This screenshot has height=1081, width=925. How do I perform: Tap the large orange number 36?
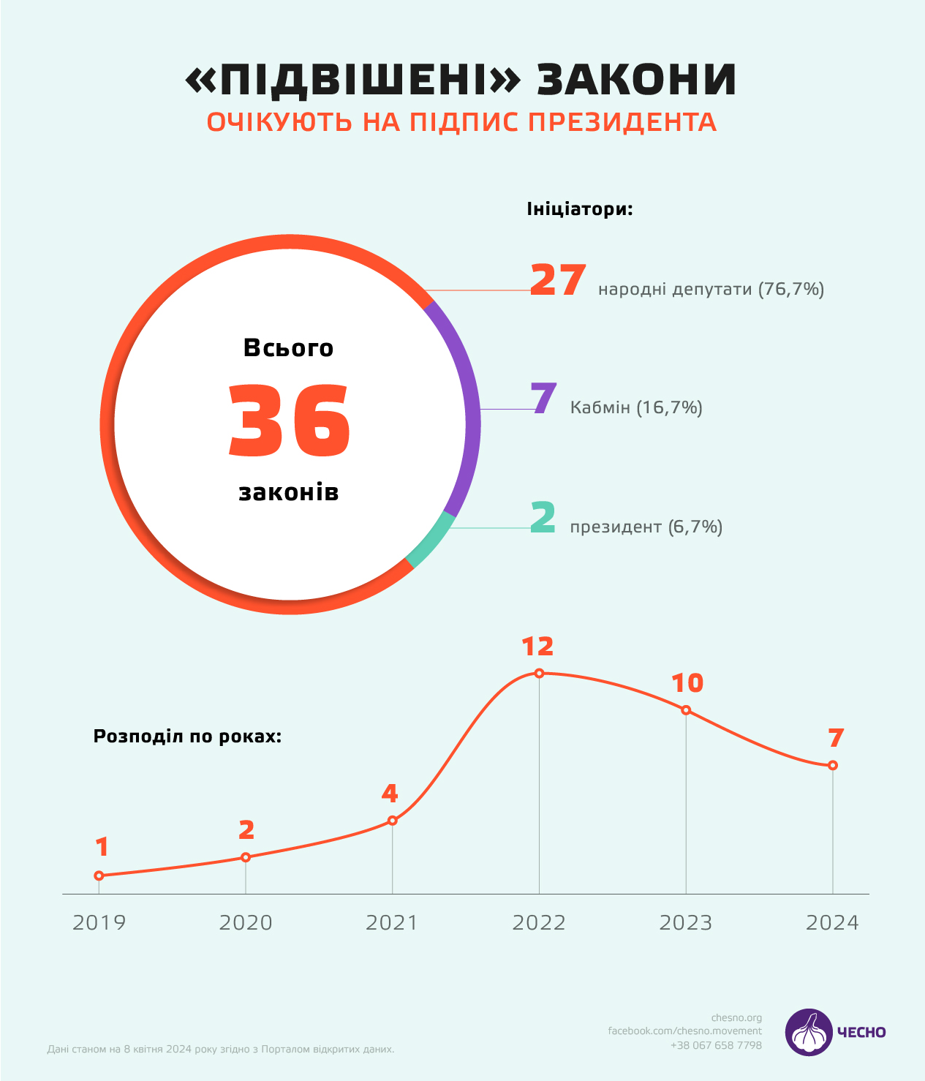(290, 421)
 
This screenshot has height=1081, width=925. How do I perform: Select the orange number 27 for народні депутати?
(557, 280)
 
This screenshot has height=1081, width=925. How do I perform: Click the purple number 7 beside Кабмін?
(544, 399)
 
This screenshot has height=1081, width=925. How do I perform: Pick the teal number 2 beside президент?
(543, 517)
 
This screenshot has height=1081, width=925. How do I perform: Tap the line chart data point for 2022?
(539, 673)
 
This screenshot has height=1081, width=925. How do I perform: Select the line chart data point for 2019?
(99, 875)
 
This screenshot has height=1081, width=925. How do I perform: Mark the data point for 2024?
(833, 765)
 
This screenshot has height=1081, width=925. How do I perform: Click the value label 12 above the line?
(537, 647)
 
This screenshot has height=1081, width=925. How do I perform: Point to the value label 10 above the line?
(687, 683)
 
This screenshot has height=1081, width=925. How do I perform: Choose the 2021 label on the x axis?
(392, 922)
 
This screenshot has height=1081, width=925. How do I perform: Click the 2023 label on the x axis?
(686, 922)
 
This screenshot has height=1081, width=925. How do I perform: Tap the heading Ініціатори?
(579, 209)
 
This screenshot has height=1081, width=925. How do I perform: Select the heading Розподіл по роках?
(187, 736)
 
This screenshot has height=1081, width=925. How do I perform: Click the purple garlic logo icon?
(809, 1032)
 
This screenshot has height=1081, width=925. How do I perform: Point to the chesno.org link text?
(736, 1017)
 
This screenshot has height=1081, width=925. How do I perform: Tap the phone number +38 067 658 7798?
(716, 1045)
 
